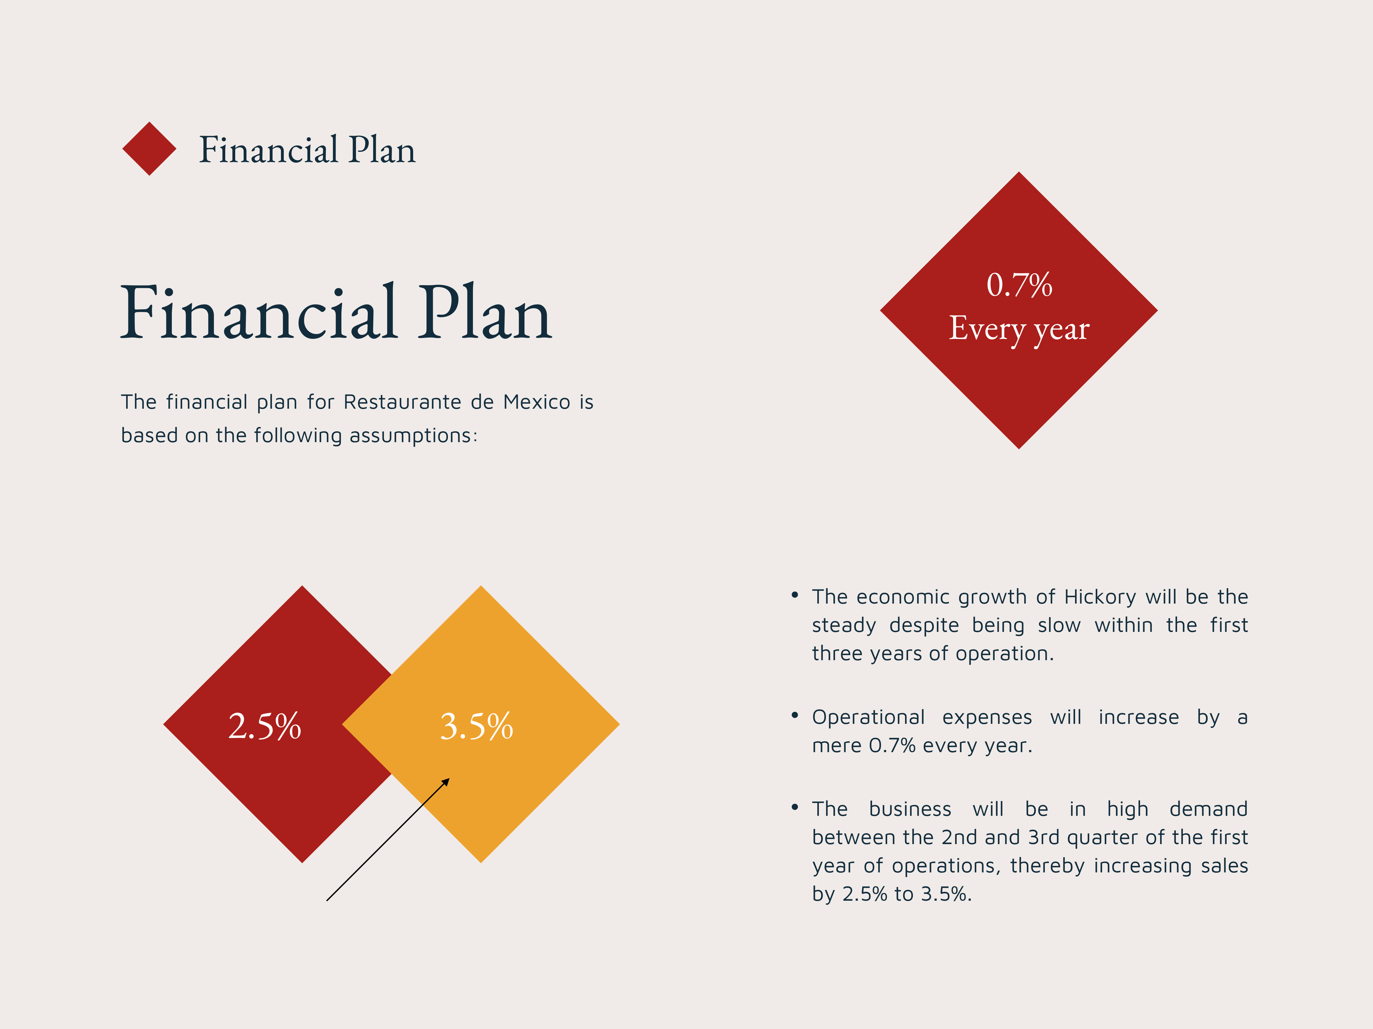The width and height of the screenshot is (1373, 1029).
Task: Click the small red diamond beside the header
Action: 149,149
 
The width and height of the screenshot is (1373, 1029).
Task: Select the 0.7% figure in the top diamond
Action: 1019,285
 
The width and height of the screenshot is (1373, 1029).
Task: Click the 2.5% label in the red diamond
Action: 264,726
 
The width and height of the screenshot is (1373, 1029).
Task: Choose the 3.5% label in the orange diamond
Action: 477,726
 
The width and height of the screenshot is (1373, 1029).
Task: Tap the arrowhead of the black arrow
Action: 446,782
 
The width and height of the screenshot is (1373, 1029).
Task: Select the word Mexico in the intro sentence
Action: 536,402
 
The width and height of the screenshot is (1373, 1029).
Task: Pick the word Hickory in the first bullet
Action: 1100,597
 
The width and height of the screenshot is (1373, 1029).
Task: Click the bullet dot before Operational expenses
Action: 794,715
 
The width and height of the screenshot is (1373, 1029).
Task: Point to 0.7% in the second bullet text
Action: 892,746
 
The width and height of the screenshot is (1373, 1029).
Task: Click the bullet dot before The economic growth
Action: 794,595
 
